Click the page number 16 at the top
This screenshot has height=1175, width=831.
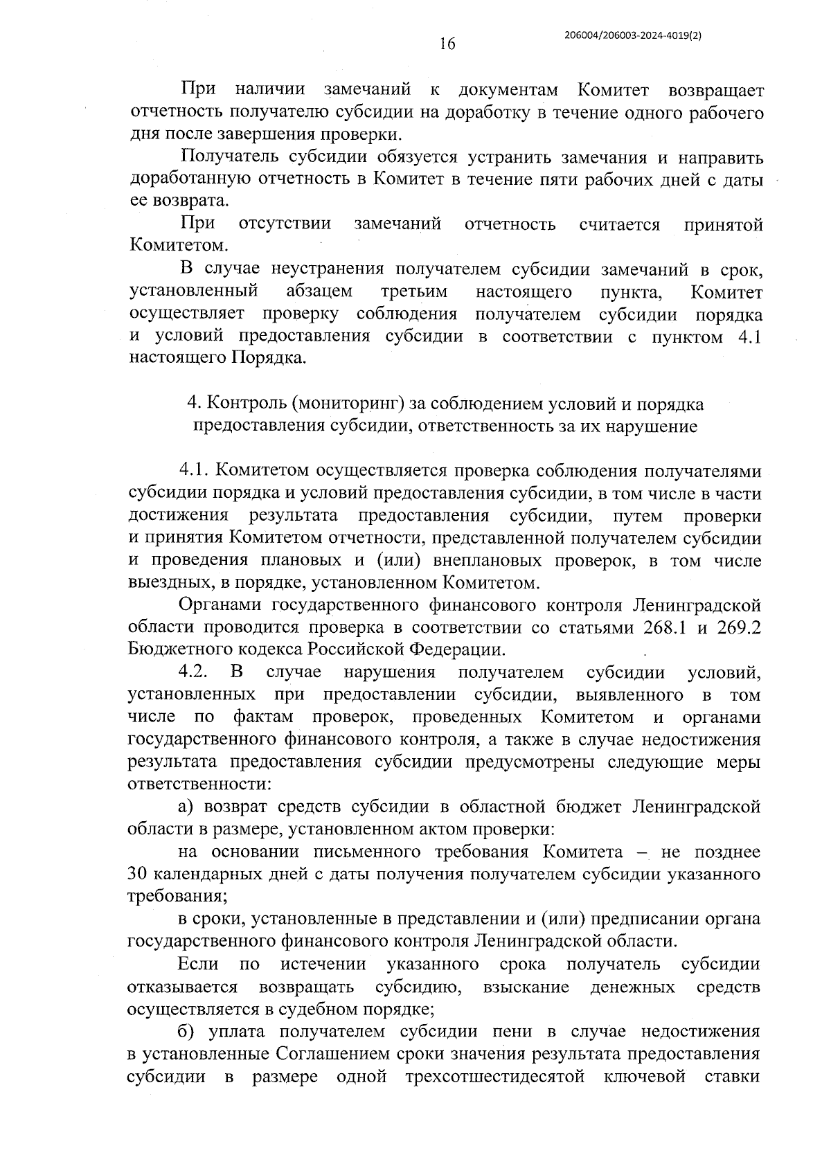coord(447,44)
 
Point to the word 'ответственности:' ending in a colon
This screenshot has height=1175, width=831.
coord(199,784)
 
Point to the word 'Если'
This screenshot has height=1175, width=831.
coord(198,964)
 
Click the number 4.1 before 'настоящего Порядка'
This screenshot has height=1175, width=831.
coord(747,337)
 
